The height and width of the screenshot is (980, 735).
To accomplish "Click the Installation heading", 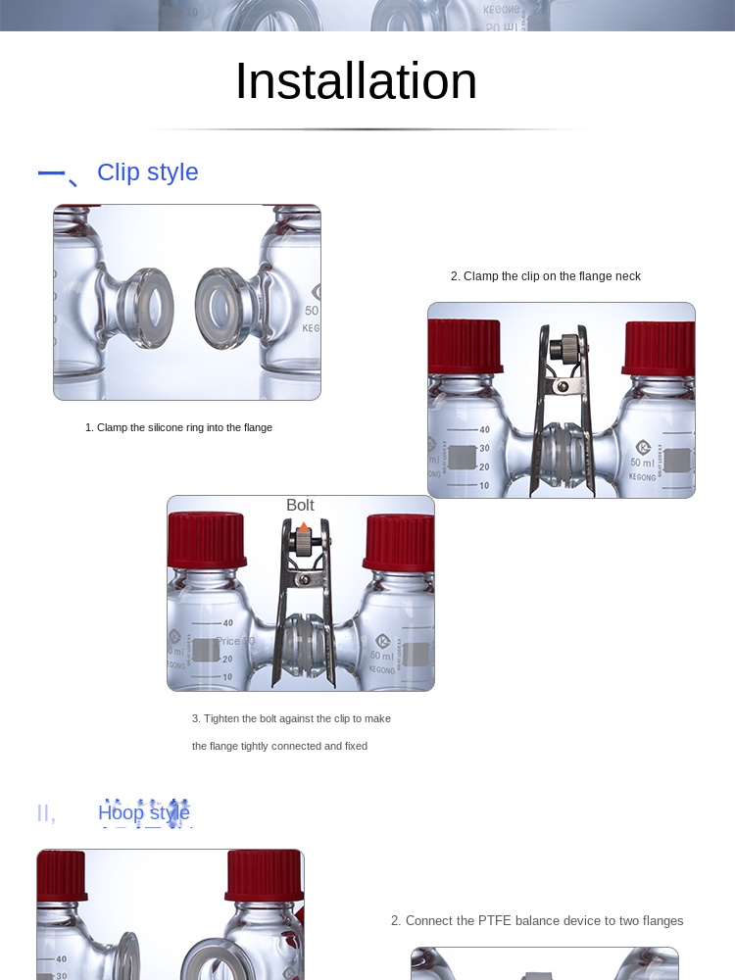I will [356, 81].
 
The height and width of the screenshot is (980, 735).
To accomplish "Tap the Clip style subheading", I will [147, 172].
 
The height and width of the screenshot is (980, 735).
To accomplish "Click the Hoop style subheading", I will [144, 812].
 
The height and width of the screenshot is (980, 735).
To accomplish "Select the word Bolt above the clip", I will [300, 506].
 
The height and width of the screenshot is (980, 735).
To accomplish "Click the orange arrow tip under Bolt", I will [304, 527].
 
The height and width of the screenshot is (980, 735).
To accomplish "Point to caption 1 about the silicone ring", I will [178, 427].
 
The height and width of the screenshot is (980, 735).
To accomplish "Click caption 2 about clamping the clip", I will [546, 276].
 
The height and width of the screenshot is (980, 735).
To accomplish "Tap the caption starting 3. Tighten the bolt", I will [291, 718].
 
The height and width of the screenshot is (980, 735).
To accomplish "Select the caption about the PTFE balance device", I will [537, 920].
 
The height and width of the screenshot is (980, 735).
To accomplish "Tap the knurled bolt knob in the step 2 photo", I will [563, 348].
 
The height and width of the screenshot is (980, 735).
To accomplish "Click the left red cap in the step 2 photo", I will [465, 347].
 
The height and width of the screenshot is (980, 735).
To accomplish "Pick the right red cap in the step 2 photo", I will [659, 349].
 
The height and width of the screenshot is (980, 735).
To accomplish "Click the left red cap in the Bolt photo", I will [206, 542].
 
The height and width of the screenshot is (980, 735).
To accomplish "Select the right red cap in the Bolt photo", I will [398, 543].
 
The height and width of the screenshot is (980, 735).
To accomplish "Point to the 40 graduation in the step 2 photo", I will [484, 429].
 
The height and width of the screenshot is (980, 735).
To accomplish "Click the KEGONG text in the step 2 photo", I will [642, 477].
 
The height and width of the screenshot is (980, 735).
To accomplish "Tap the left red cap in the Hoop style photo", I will [62, 875].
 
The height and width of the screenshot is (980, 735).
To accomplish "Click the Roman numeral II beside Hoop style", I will [46, 813].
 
